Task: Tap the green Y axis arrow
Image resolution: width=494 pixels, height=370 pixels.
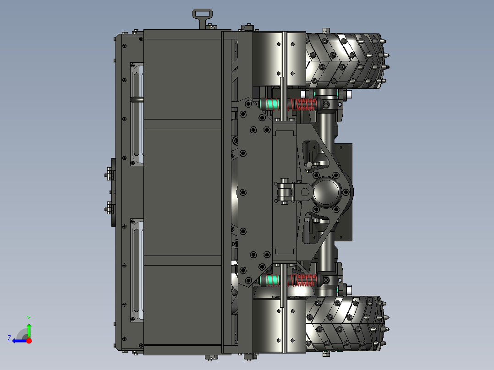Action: pyautogui.click(x=29, y=329)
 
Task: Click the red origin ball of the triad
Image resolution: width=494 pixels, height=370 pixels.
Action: pyautogui.click(x=29, y=341)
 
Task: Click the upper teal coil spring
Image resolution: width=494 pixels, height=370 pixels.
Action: pyautogui.click(x=272, y=104)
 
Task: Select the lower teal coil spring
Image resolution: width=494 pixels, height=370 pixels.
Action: pyautogui.click(x=272, y=279)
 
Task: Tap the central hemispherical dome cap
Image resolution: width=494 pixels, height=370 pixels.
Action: pyautogui.click(x=326, y=192)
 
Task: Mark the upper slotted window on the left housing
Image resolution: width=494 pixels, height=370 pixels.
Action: pyautogui.click(x=137, y=114)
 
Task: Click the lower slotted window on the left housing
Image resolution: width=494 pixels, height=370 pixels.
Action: pyautogui.click(x=137, y=270)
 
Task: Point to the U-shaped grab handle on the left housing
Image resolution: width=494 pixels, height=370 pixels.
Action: pyautogui.click(x=137, y=99)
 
